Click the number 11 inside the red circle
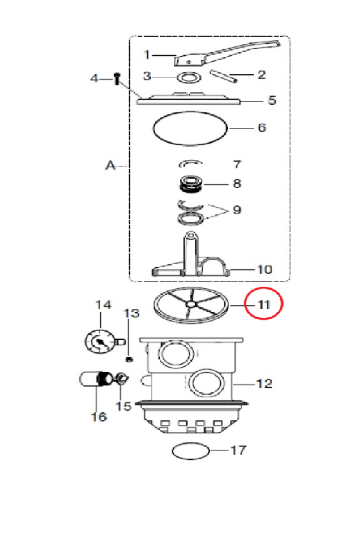[x=264, y=305]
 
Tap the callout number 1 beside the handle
[x=147, y=54]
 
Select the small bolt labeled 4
[x=117, y=78]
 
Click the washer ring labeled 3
[x=189, y=77]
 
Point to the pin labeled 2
[x=224, y=76]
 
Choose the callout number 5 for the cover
[x=272, y=100]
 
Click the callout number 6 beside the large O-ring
[x=262, y=127]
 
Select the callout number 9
[x=237, y=210]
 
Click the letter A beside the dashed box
[x=111, y=166]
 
